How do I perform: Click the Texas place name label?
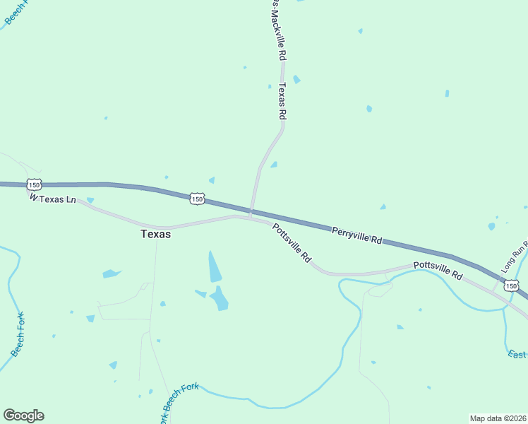pyautogui.click(x=155, y=234)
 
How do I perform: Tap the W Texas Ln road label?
pyautogui.click(x=53, y=199)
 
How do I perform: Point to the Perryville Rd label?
pyautogui.click(x=357, y=235)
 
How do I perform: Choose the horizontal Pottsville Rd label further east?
pyautogui.click(x=438, y=269)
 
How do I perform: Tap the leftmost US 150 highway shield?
pyautogui.click(x=33, y=184)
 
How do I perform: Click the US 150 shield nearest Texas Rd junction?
pyautogui.click(x=197, y=200)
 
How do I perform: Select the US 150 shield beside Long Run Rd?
pyautogui.click(x=512, y=285)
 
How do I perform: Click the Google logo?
pyautogui.click(x=23, y=416)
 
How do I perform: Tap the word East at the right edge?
pyautogui.click(x=517, y=354)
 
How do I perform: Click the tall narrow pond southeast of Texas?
pyautogui.click(x=214, y=266)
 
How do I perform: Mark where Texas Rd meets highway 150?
pyautogui.click(x=251, y=210)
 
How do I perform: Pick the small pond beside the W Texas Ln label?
pyautogui.click(x=90, y=201)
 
